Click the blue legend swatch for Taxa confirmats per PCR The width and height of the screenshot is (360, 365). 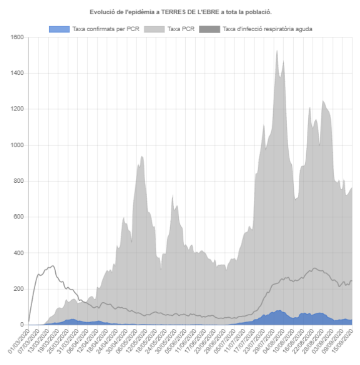(x=59, y=29)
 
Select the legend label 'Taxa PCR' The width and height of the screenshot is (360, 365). (x=181, y=29)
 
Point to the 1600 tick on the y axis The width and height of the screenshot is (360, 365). (x=16, y=37)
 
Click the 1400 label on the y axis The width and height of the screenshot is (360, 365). (x=16, y=73)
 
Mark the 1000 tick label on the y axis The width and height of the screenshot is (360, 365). (x=16, y=145)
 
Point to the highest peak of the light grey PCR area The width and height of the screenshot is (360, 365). (x=277, y=50)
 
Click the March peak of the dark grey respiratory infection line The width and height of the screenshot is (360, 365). (x=53, y=266)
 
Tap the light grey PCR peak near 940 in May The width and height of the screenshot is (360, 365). (x=142, y=157)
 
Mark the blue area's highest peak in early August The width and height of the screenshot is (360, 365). (x=279, y=310)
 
